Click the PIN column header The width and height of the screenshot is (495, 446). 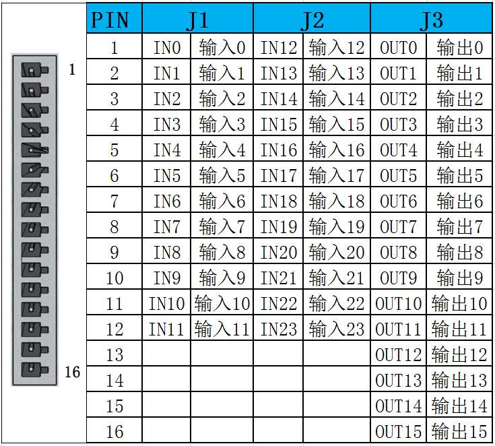114,18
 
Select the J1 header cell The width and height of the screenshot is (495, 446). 197,18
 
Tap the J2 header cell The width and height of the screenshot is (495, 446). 312,18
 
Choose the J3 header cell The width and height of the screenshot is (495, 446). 431,18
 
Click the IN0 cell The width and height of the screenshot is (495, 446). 167,46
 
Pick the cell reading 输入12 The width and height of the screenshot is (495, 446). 337,46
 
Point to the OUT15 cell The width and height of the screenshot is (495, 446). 399,431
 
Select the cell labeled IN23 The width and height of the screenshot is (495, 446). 278,328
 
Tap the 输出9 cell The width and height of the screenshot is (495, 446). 459,277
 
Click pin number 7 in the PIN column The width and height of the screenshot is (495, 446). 114,200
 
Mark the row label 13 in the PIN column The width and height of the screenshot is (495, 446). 114,354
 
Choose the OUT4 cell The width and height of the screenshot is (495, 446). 399,149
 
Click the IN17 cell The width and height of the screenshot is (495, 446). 278,174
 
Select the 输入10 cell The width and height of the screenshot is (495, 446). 222,302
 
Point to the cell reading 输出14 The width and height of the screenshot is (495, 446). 459,405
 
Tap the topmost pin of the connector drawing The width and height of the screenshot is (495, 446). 35,70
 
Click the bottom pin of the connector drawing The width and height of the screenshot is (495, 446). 35,370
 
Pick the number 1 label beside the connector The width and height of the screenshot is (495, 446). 72,69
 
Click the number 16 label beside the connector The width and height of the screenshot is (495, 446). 72,372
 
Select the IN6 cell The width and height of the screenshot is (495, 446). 167,200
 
